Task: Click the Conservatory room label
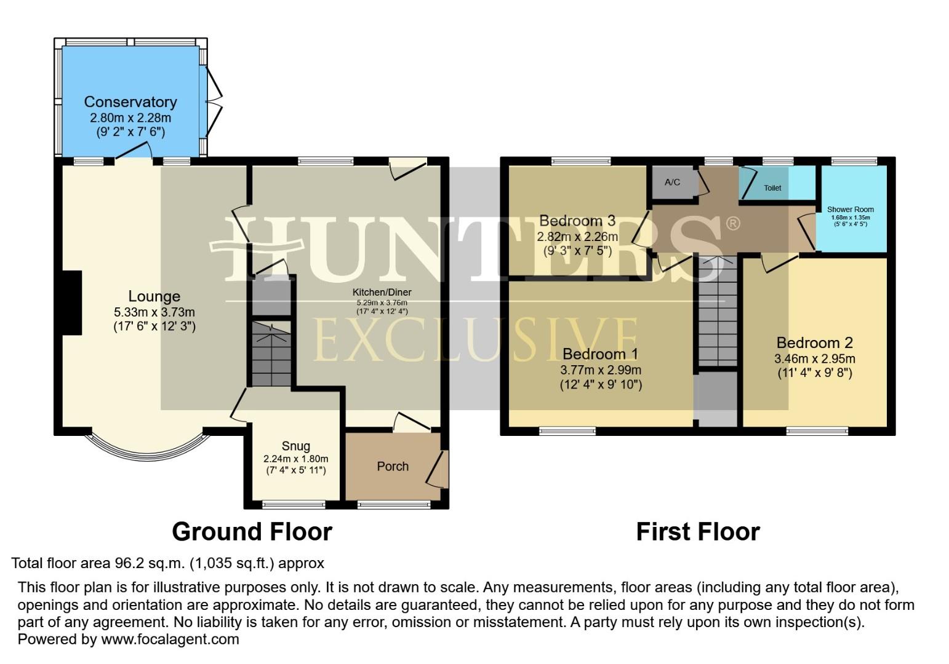click(x=130, y=102)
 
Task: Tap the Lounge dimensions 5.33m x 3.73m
click(x=154, y=312)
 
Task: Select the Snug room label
click(x=295, y=446)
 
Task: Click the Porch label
click(x=393, y=467)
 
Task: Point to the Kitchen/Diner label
click(x=382, y=292)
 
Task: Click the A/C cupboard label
click(x=672, y=183)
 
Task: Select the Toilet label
click(x=772, y=188)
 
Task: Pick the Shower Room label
click(x=850, y=210)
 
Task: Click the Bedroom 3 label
click(x=577, y=221)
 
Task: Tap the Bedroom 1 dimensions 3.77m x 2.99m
click(x=601, y=370)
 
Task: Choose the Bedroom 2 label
click(x=814, y=342)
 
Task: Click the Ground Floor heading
click(x=252, y=532)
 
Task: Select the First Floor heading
click(x=698, y=532)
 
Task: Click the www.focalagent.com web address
click(x=170, y=639)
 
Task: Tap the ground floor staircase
click(x=271, y=357)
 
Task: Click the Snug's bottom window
click(x=294, y=505)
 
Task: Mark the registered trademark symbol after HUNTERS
click(x=732, y=223)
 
